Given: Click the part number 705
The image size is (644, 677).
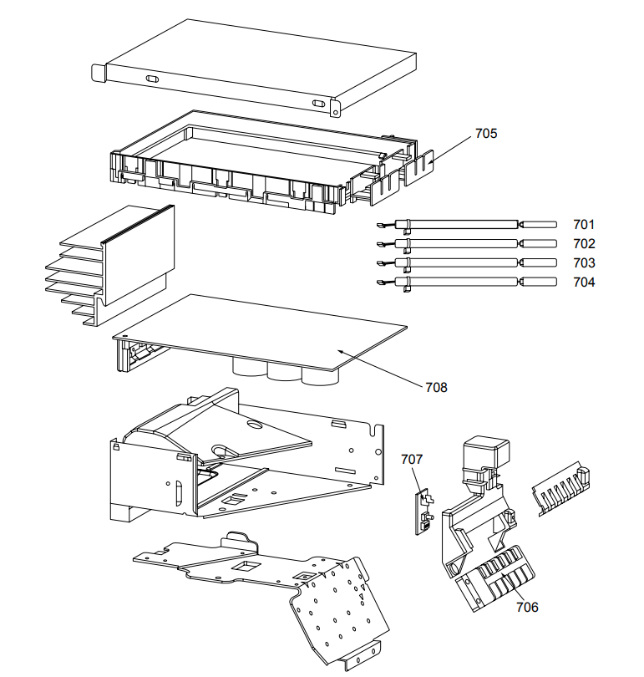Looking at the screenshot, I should pyautogui.click(x=486, y=133).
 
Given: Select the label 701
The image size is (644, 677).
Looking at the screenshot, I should pyautogui.click(x=584, y=224).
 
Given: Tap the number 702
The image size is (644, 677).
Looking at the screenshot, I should pyautogui.click(x=584, y=243).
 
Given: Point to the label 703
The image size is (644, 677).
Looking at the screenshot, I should pyautogui.click(x=584, y=262).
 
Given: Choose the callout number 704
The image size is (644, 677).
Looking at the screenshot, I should pyautogui.click(x=584, y=283).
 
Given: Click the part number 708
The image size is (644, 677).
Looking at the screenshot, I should pyautogui.click(x=435, y=387).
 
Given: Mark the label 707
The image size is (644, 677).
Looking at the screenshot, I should pyautogui.click(x=412, y=459).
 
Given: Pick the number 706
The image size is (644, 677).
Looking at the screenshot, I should pyautogui.click(x=526, y=607).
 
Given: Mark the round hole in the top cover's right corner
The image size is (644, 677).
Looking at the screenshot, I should pyautogui.click(x=335, y=106).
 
